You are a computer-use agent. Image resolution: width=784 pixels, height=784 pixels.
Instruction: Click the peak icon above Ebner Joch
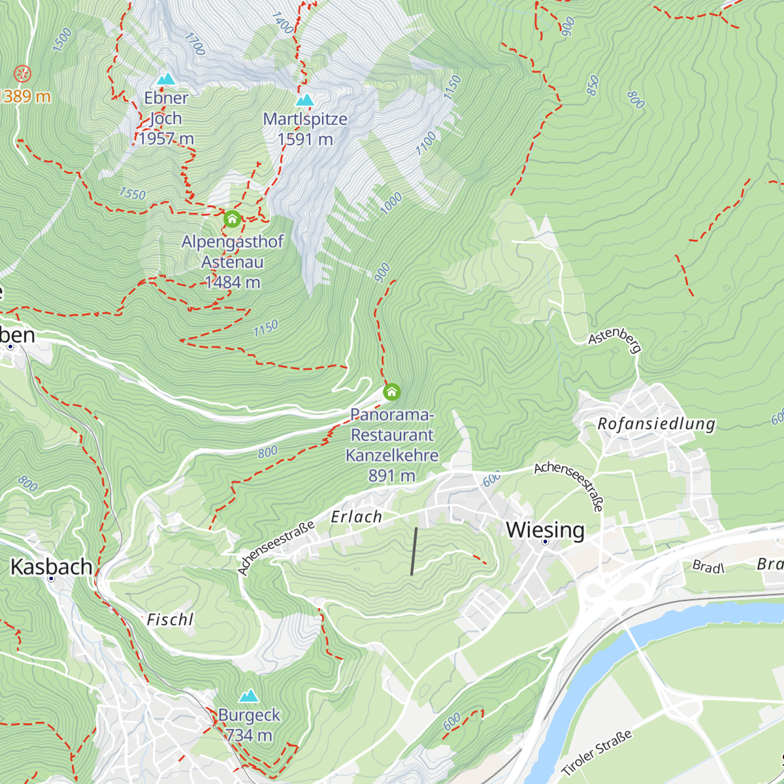[x=167, y=79]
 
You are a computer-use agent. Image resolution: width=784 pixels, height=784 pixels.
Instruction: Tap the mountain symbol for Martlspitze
[x=304, y=101]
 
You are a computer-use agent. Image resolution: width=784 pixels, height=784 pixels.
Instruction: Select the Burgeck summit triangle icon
[x=248, y=696]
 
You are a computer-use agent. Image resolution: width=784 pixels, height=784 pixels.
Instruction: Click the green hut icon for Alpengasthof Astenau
[x=232, y=219]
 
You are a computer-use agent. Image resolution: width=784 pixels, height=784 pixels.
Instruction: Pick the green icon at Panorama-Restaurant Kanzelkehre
[x=391, y=391]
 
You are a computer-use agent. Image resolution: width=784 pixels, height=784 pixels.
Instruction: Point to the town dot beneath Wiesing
[x=545, y=542]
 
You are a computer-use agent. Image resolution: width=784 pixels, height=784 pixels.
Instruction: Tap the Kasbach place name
[x=52, y=566]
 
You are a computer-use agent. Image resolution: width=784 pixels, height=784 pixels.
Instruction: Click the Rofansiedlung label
[x=656, y=424]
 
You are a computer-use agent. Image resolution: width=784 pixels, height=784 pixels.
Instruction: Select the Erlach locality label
[x=356, y=517]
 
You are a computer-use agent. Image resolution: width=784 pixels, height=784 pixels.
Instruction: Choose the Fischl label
[x=170, y=619]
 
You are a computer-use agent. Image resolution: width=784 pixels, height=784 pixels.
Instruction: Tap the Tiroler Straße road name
[x=596, y=753]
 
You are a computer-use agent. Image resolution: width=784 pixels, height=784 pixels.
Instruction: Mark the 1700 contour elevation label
[x=195, y=44]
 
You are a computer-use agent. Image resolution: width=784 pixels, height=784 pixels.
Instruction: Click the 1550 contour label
[x=132, y=194]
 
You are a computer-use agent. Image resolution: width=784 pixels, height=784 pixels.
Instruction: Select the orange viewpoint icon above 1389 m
[x=22, y=73]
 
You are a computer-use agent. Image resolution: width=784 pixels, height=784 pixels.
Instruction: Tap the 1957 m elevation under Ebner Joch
[x=166, y=139]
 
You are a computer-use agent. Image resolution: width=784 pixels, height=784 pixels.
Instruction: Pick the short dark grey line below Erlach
[x=414, y=551]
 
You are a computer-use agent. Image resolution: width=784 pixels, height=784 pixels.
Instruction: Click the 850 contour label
[x=593, y=86]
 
